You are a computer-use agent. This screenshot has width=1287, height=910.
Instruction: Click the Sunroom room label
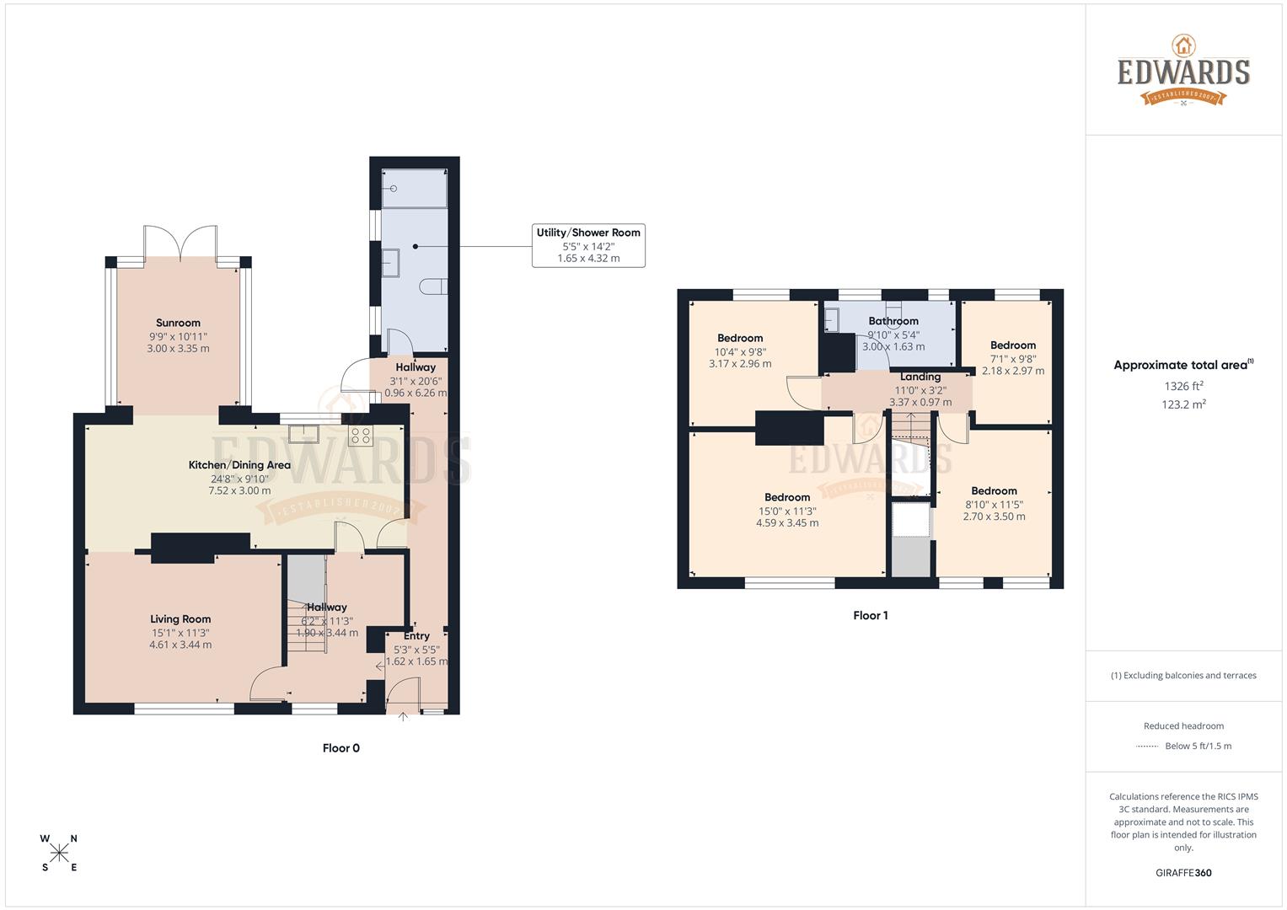tap(178, 323)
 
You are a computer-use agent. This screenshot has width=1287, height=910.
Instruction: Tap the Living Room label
tap(180, 619)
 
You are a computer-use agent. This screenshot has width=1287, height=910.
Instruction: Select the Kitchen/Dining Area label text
tap(239, 465)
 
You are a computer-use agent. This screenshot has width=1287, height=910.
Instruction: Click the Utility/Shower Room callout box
tap(588, 245)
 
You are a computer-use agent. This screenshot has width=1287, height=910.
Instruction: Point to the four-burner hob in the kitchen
tap(361, 436)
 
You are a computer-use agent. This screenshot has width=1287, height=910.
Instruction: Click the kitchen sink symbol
tap(302, 435)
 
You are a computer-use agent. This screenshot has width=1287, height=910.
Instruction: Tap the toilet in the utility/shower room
tap(436, 286)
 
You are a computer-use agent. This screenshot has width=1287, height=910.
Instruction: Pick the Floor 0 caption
tap(341, 748)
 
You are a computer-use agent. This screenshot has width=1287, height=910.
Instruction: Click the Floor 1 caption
tap(870, 616)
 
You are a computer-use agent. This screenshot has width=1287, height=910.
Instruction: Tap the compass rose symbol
tap(59, 853)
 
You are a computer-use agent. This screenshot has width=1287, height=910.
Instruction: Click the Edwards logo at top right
tap(1183, 72)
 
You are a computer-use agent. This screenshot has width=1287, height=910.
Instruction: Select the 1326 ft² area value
tap(1183, 386)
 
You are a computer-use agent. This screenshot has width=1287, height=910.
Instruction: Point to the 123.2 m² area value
tap(1183, 404)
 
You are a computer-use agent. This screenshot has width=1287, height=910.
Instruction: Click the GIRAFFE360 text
tap(1183, 873)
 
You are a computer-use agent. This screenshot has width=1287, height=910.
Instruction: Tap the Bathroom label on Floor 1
tap(893, 321)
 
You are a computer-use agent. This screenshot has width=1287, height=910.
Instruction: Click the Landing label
tap(920, 377)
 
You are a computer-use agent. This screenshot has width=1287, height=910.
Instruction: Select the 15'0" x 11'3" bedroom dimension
tap(787, 511)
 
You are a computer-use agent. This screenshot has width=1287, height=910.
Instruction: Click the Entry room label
tap(416, 636)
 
